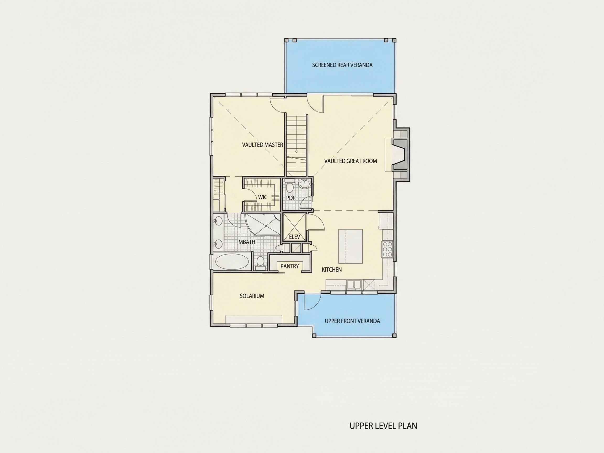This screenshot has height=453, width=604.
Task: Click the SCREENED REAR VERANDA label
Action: pos(342,65)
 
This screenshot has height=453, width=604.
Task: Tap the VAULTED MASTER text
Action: pos(262,145)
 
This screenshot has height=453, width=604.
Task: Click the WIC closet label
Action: pos(263,197)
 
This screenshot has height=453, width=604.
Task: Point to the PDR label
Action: pos(291,198)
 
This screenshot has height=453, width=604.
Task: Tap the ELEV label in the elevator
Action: pos(294,237)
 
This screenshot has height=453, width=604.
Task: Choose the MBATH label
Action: pos(247,242)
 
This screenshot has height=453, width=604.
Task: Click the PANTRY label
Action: pos(290,266)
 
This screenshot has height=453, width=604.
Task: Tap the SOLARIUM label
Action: pos(252,296)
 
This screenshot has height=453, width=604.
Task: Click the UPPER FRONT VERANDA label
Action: pos(352,321)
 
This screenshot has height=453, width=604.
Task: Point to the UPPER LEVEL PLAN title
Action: pos(383,426)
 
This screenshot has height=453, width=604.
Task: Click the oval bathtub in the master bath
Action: pos(233,262)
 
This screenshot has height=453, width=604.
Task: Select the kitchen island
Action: pos(350,246)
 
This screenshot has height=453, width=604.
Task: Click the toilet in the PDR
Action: pos(289,185)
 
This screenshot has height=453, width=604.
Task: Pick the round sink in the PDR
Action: pos(304,184)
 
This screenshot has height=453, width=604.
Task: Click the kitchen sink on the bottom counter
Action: pos(354,284)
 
